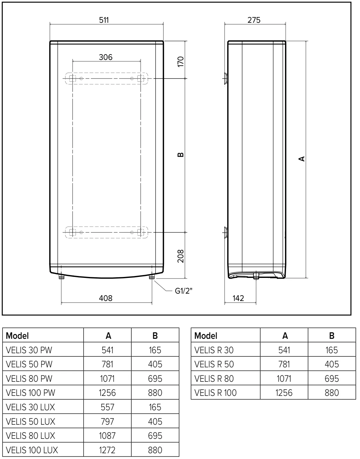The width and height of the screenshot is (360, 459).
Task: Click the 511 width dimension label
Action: coord(104,20)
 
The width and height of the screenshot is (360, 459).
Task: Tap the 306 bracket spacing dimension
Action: coord(105,57)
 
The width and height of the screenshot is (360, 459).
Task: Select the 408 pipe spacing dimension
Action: coord(105,298)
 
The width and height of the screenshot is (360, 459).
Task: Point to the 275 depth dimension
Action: coord(254,20)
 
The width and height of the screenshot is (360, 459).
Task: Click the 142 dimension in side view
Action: coord(238,298)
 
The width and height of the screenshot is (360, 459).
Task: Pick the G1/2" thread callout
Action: coord(184,291)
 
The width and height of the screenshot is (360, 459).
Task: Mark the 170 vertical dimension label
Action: coord(181,62)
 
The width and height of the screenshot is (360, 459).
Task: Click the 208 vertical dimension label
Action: coord(181,256)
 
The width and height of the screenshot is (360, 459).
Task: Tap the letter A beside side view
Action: coord(302,159)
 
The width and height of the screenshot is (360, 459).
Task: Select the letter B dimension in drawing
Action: coord(181,155)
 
